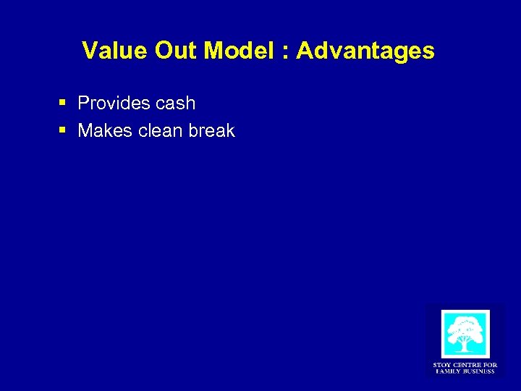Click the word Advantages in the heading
(365, 51)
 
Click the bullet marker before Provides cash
(64, 104)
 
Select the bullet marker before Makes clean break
(64, 131)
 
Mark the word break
(211, 131)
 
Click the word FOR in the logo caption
(491, 365)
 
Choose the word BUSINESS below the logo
(479, 371)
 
